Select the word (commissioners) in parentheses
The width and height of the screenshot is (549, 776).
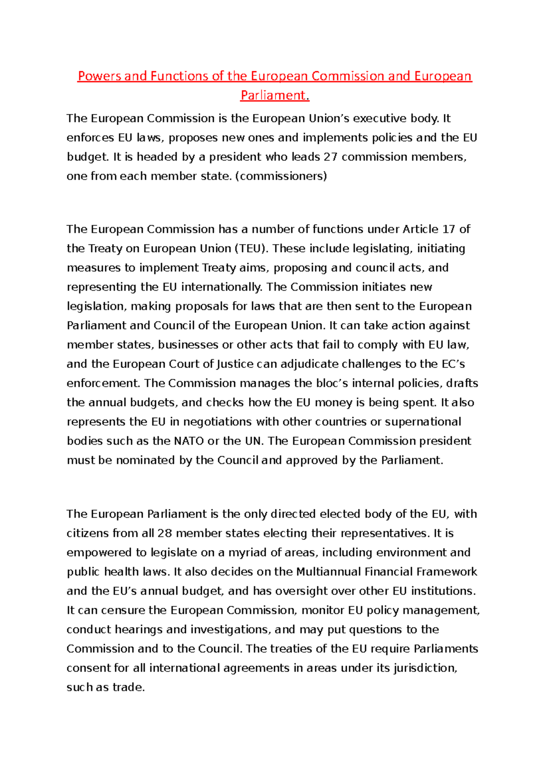[281, 176]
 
